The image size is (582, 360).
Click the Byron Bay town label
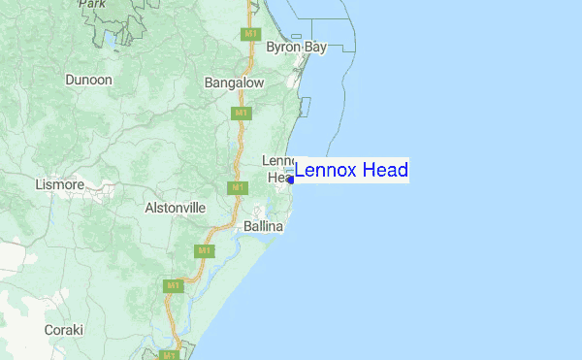click(x=297, y=47)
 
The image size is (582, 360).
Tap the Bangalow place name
click(x=235, y=83)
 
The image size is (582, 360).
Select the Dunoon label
click(x=89, y=80)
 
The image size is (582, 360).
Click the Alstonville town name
click(x=176, y=208)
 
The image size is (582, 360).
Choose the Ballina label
click(x=263, y=226)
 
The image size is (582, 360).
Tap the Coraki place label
click(x=64, y=330)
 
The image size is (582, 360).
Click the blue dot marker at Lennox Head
click(x=290, y=180)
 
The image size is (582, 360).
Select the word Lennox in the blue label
click(x=327, y=171)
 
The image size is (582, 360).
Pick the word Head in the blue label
click(x=385, y=171)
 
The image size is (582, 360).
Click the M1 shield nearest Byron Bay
click(x=250, y=34)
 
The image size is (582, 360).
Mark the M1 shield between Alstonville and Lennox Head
click(x=236, y=186)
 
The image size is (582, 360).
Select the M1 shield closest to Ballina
click(x=205, y=250)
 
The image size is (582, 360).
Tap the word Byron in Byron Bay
click(x=284, y=47)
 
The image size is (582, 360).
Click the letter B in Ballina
click(x=248, y=226)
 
